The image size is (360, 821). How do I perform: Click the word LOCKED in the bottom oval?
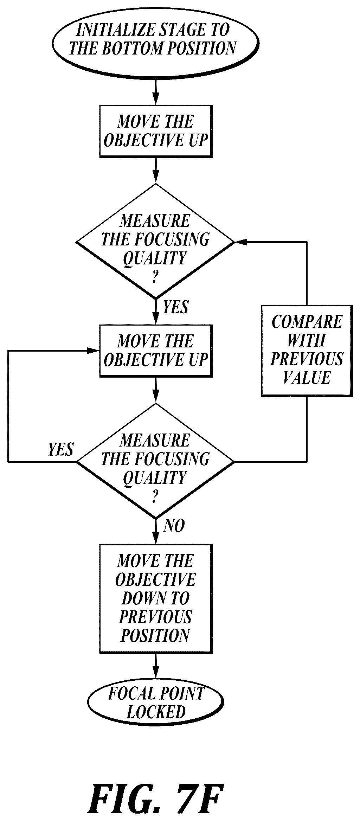point(156,712)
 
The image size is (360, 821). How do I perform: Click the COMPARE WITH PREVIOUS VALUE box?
point(307,351)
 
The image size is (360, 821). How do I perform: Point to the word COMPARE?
point(307,321)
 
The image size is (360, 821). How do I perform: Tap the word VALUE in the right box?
point(307,378)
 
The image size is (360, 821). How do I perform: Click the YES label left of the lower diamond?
point(61,449)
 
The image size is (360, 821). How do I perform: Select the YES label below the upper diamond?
point(175,307)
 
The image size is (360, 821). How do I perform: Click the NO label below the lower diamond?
point(174,526)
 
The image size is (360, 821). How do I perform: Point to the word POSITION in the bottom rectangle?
point(155,635)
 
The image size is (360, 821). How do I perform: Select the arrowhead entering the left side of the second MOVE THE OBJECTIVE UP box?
point(94,351)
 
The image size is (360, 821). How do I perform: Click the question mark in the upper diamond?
point(155,278)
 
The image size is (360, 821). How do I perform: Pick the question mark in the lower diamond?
point(155,497)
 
